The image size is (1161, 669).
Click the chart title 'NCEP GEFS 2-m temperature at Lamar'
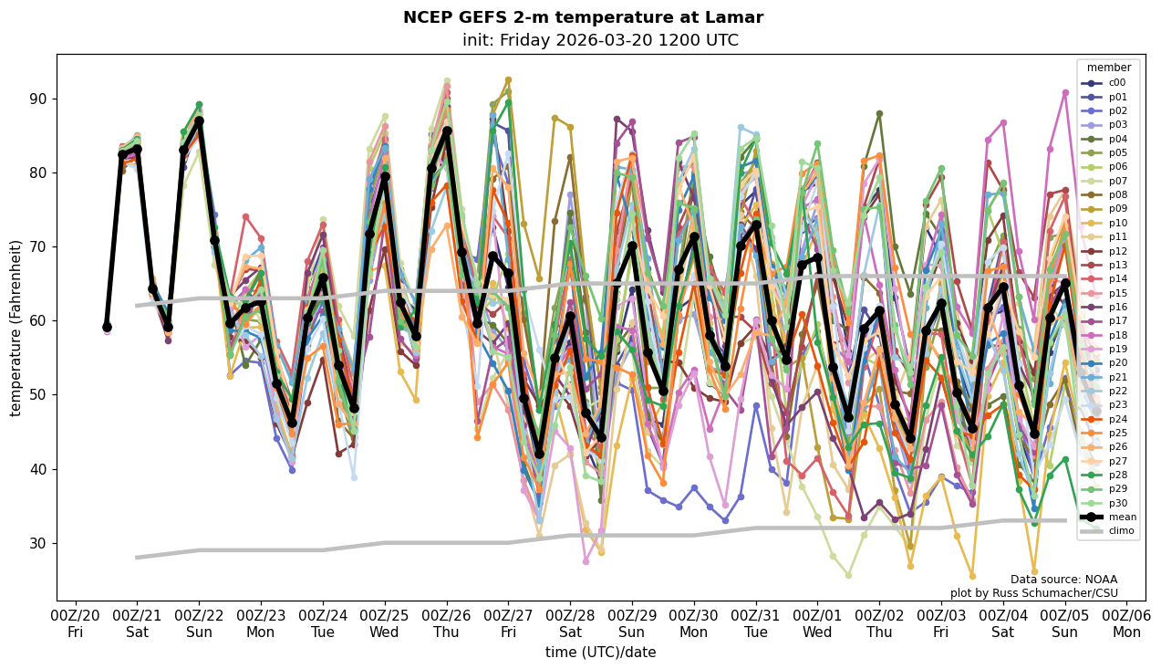point(583,17)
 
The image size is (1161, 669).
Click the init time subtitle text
point(600,40)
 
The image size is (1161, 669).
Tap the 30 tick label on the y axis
point(37,543)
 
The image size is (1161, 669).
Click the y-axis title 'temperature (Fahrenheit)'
point(16,328)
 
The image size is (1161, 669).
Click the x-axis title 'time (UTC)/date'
point(600,653)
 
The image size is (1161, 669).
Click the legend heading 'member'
point(1108,68)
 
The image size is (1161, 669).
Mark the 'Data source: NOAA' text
point(1063,580)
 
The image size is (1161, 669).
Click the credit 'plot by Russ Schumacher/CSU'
point(1033,593)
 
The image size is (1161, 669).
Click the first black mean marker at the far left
point(107,327)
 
